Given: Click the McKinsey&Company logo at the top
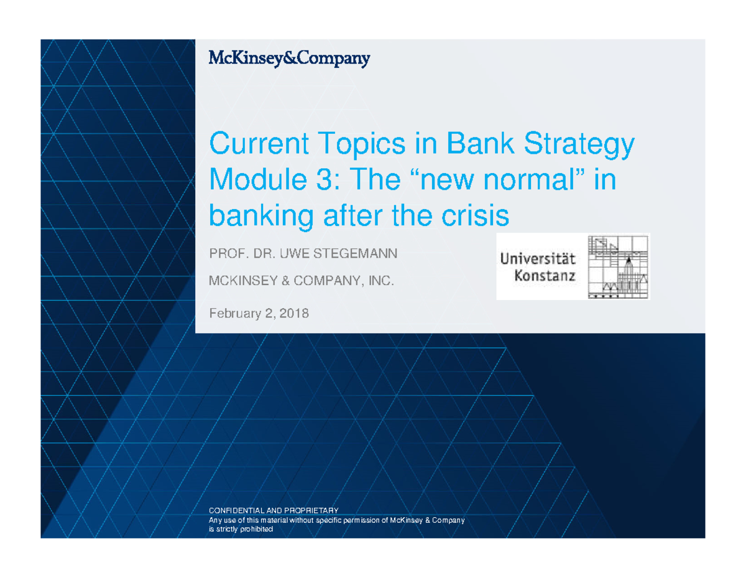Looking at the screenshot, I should coord(289,59).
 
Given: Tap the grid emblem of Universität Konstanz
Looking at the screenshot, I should coord(618,267).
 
